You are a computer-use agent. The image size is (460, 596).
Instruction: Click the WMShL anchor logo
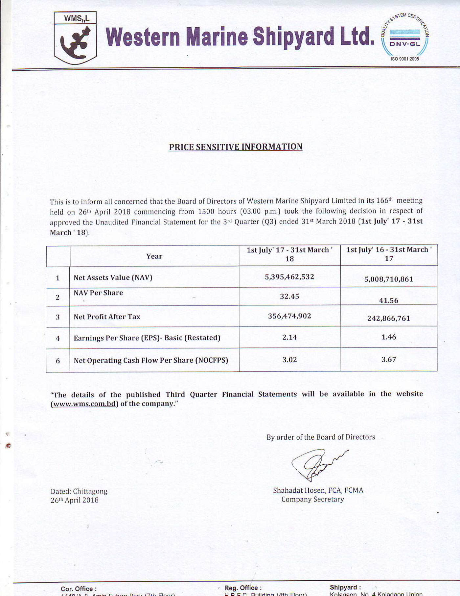75,38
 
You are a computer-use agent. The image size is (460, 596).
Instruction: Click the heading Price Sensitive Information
236,147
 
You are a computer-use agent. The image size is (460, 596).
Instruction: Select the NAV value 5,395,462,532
289,277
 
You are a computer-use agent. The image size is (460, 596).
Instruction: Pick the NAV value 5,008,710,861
388,279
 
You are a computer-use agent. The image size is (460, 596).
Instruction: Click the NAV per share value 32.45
289,297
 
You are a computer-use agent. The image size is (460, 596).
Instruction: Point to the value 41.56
388,300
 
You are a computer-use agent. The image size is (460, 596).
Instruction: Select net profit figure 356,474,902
289,316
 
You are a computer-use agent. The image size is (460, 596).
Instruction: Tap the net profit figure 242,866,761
388,318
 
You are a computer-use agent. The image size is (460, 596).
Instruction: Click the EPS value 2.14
289,337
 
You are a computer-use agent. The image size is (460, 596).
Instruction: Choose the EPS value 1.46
388,337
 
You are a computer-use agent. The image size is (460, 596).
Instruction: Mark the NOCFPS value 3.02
289,360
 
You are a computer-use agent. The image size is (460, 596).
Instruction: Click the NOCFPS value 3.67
388,359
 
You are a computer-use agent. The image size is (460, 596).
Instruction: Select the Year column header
154,256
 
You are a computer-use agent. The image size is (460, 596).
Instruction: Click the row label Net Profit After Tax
107,317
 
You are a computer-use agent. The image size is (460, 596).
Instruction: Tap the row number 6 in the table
58,361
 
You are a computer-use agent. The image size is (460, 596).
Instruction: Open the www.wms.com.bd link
84,404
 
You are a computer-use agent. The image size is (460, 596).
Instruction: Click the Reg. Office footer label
243,588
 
